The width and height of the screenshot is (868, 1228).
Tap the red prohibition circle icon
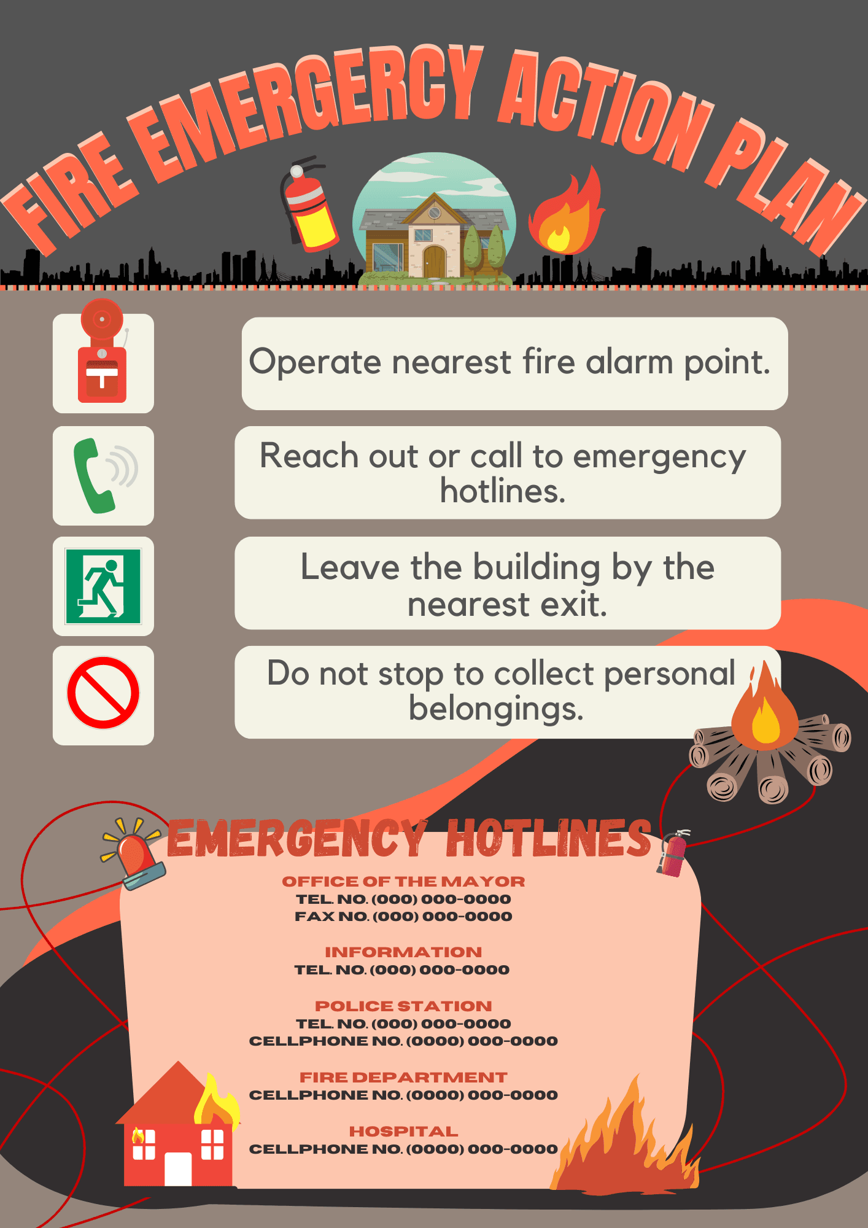(103, 693)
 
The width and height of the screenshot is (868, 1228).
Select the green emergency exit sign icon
(103, 586)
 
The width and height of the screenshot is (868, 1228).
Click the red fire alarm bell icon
(102, 351)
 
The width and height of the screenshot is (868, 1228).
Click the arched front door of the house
(434, 262)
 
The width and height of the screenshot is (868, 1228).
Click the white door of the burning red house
(178, 1168)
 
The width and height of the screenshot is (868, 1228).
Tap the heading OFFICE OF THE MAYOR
(403, 882)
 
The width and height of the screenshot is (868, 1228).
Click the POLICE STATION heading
(403, 1006)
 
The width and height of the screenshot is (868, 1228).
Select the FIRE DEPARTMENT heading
(403, 1078)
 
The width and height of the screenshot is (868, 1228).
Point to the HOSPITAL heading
(403, 1132)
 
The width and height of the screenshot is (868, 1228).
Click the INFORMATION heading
(403, 952)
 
